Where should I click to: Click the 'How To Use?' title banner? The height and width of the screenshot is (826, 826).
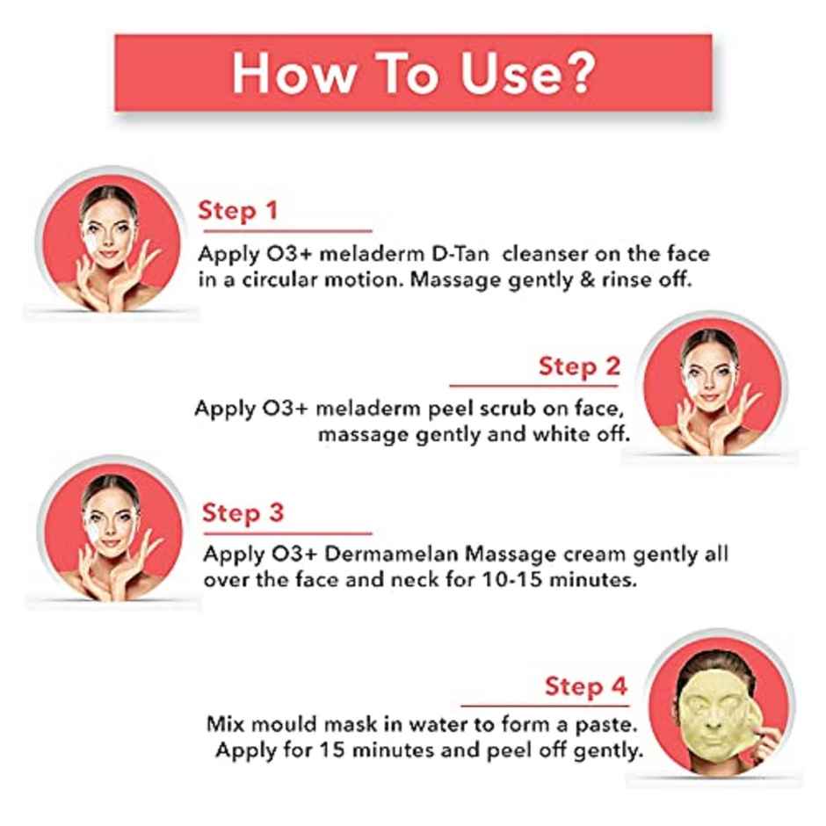pyautogui.click(x=413, y=74)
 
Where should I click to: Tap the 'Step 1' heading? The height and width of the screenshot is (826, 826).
pyautogui.click(x=237, y=211)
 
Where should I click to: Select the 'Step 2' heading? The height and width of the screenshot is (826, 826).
pyautogui.click(x=579, y=366)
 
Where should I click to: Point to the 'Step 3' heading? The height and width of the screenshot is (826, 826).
pyautogui.click(x=243, y=513)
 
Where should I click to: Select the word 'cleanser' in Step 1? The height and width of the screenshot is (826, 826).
pyautogui.click(x=547, y=254)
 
